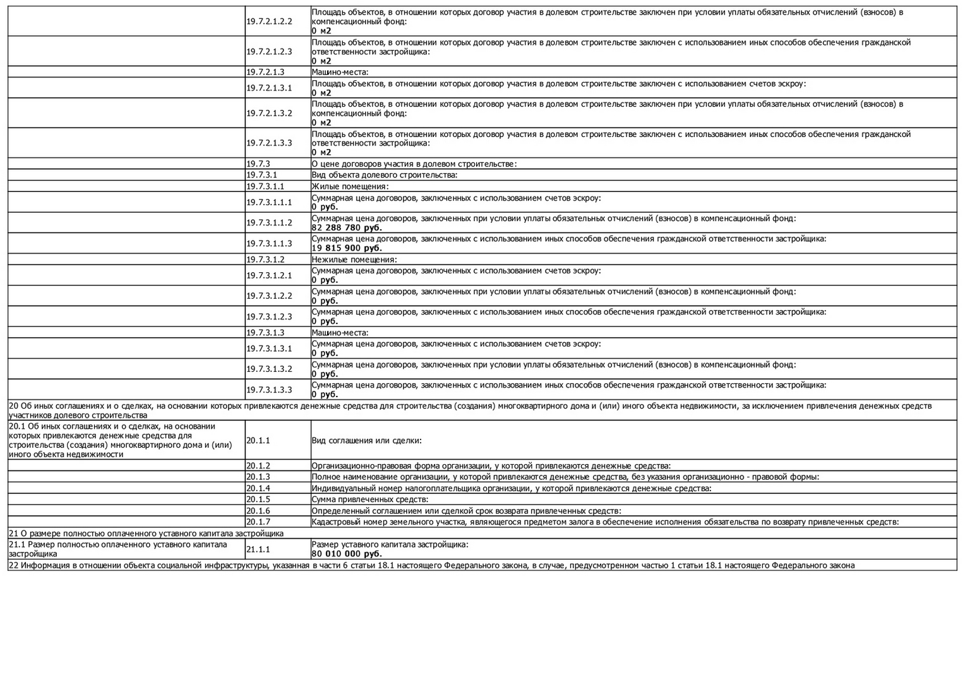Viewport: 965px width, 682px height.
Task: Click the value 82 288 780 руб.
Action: (x=347, y=228)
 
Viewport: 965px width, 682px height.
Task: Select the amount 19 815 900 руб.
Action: (x=347, y=248)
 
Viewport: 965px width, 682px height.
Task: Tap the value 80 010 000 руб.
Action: (x=347, y=554)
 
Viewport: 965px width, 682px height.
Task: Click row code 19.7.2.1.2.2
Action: (x=269, y=21)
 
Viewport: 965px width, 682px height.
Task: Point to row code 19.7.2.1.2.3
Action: (x=269, y=52)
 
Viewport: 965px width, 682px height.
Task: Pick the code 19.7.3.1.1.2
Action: (x=269, y=223)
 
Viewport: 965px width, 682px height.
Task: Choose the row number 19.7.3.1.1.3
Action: (x=269, y=244)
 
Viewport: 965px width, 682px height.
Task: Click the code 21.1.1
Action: (x=258, y=549)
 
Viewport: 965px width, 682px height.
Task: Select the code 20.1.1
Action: (x=258, y=441)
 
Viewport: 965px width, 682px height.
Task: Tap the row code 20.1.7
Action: (x=258, y=522)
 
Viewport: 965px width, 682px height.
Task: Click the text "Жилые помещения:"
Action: (x=350, y=187)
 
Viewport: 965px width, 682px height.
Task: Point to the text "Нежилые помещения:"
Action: (x=354, y=260)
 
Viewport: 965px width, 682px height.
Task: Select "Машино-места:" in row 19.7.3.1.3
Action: (x=340, y=333)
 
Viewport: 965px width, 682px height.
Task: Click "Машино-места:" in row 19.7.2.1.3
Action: (x=340, y=73)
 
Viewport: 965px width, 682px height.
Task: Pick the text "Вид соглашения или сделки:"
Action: (x=366, y=441)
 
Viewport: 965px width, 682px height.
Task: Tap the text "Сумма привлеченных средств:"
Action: (x=369, y=500)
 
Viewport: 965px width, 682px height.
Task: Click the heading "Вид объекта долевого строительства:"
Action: (x=384, y=176)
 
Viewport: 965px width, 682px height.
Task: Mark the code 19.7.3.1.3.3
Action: (x=269, y=390)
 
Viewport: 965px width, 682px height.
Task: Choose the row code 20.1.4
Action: (x=258, y=489)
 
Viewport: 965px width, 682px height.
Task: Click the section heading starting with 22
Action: (x=431, y=566)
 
